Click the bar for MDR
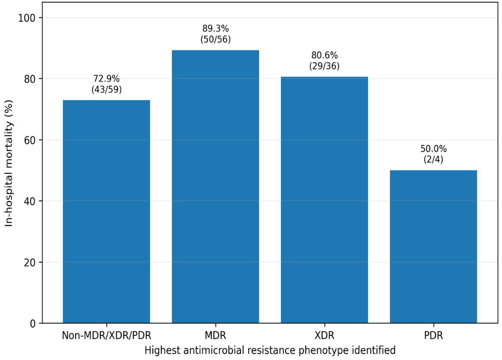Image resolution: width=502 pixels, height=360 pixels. point(215,186)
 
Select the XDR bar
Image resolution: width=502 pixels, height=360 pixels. point(324,200)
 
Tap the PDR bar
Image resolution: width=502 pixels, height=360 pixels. point(433,247)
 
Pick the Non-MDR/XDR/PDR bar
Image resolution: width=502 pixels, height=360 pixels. point(106,211)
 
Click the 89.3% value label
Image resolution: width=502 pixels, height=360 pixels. point(215,28)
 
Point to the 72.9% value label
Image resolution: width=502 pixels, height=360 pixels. point(106,78)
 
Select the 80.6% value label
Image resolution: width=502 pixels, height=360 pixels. point(324,55)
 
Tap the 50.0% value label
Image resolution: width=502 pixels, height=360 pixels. point(433,149)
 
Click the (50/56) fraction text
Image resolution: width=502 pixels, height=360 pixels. point(215,39)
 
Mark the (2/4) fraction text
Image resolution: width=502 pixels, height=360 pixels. point(433,159)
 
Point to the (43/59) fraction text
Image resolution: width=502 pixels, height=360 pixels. point(106,89)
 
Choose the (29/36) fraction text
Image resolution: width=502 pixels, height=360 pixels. point(324,66)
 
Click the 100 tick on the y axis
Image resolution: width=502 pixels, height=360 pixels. point(27,18)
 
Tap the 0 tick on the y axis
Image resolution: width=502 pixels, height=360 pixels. point(33,323)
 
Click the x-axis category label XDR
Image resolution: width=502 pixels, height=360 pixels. point(324,335)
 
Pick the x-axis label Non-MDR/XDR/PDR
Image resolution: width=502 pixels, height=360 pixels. point(106,335)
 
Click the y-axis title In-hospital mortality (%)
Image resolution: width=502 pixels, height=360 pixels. point(9,163)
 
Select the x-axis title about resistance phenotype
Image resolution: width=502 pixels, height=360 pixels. point(270,350)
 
